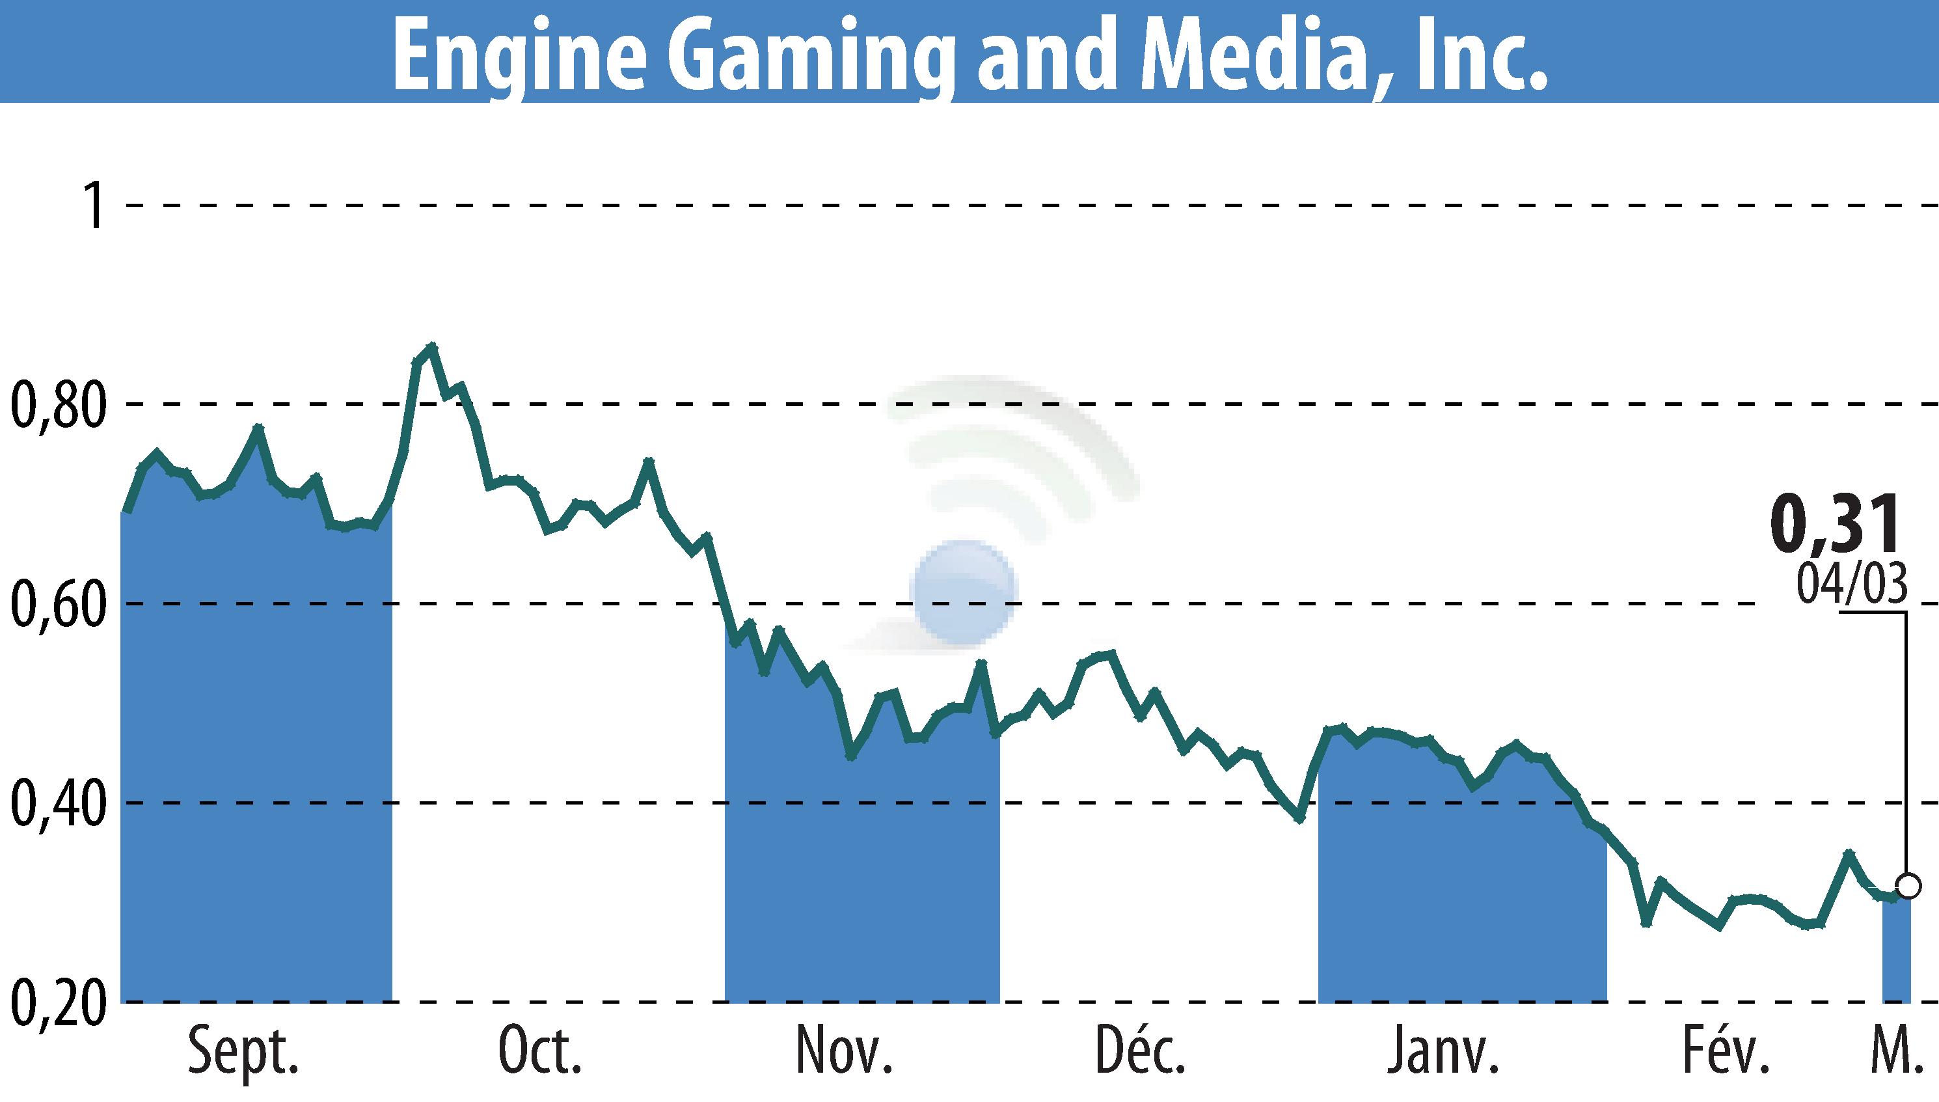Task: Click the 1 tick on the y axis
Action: coord(94,205)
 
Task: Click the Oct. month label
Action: coord(539,1052)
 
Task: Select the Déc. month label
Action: coord(1140,1051)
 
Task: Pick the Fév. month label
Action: coord(1727,1051)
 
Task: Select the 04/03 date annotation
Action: coord(1851,585)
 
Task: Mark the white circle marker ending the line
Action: coord(1908,885)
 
